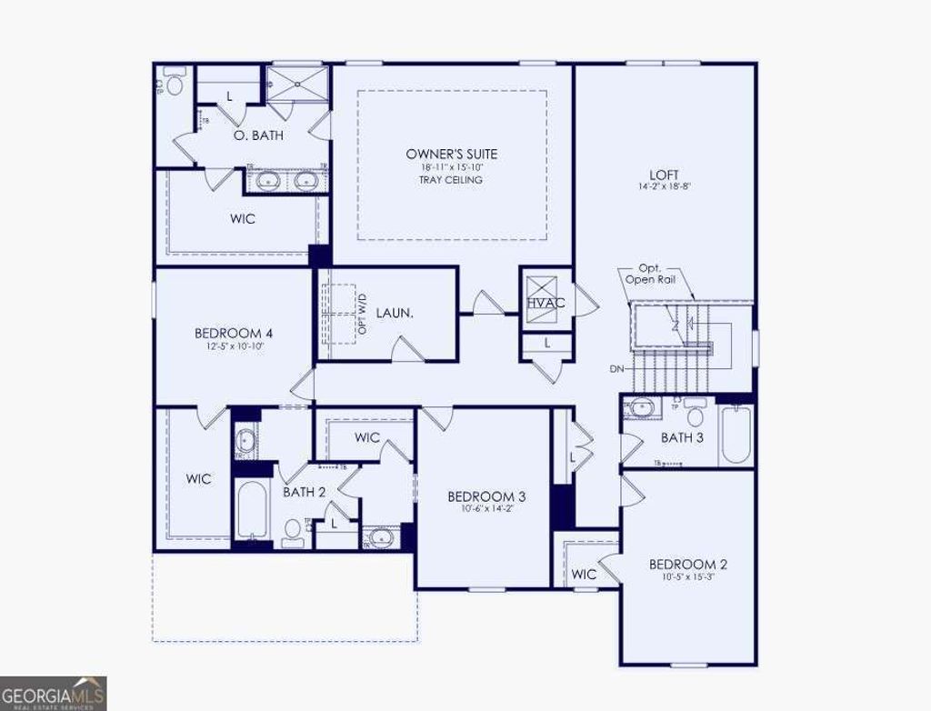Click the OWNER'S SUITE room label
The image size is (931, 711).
point(452,155)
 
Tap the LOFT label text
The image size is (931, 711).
point(664,175)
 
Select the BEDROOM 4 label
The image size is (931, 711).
point(234,333)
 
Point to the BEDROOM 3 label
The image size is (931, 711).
point(486,496)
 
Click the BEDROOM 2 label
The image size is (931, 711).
point(687,565)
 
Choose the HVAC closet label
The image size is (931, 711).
point(546,303)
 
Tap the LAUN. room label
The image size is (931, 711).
point(395,313)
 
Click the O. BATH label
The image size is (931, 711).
point(258,135)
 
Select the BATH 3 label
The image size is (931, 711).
point(682,438)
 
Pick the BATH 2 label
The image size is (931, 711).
point(304,492)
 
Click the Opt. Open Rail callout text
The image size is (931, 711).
point(649,275)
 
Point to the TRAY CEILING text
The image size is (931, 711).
point(452,180)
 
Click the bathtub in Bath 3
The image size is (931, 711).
point(736,435)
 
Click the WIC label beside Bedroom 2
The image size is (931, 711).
point(584,575)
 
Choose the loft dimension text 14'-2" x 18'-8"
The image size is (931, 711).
point(664,187)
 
